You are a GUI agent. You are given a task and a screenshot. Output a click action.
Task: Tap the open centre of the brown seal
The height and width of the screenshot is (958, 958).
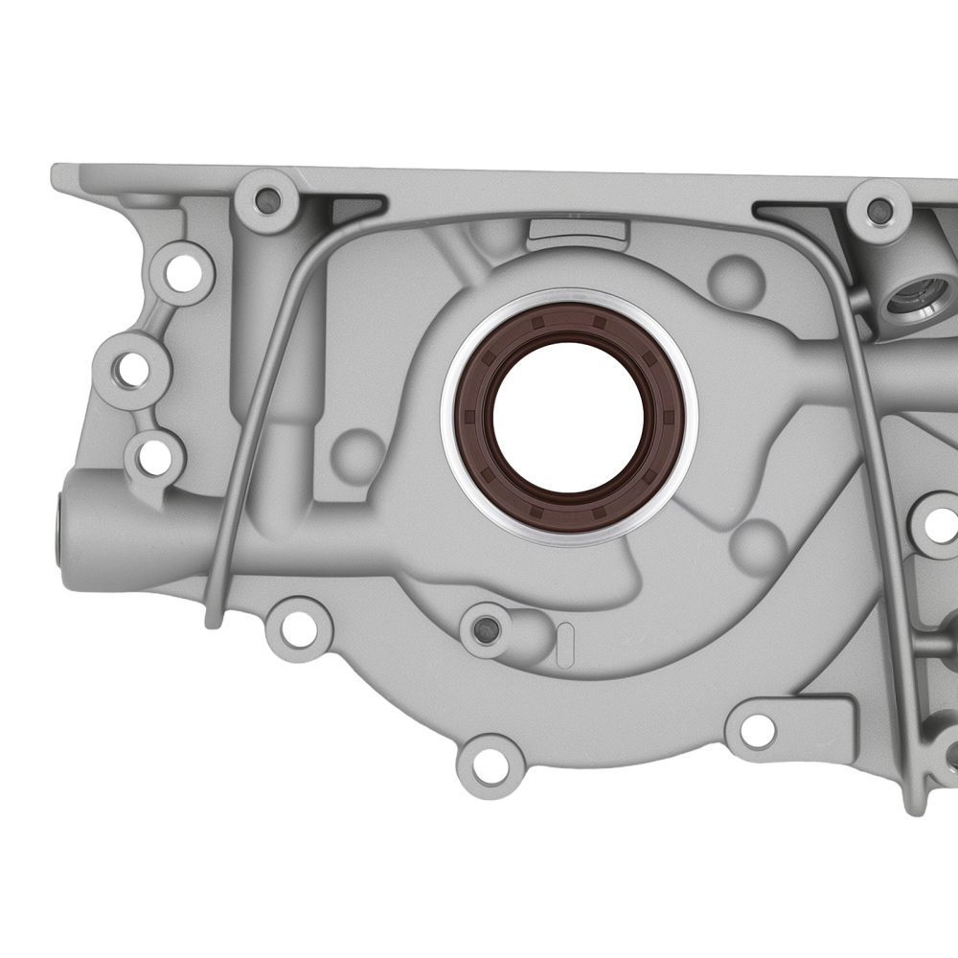(568, 418)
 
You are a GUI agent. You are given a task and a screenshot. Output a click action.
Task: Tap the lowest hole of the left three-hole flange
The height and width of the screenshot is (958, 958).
(152, 456)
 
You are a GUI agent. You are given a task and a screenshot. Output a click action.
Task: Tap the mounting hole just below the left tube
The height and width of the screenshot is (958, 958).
(298, 627)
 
